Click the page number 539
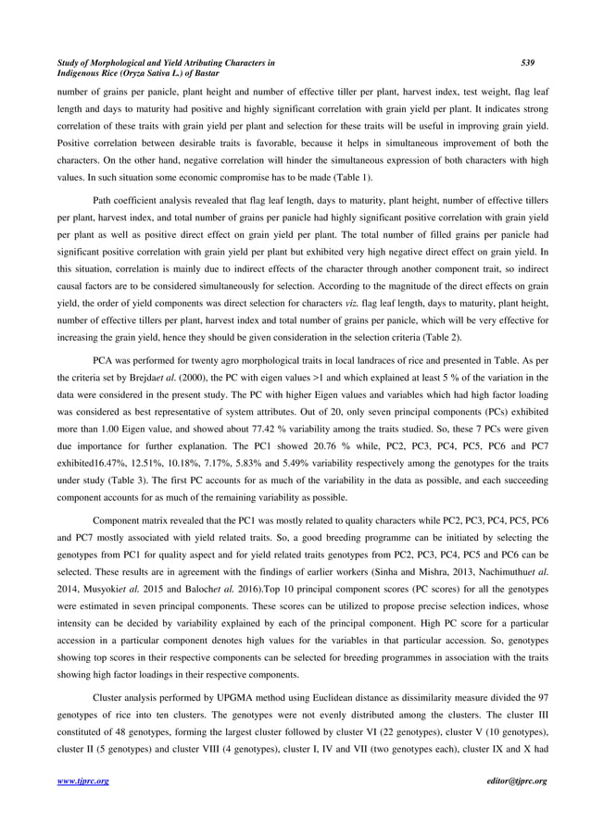pyautogui.click(x=527, y=62)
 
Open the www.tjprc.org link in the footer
pyautogui.click(x=83, y=781)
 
